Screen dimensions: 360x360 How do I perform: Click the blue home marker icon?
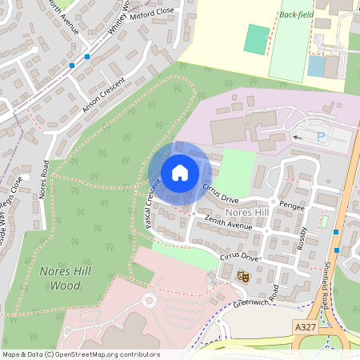(x=180, y=173)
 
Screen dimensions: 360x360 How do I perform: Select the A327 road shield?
(x=305, y=326)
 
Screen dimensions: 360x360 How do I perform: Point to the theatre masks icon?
(x=244, y=276)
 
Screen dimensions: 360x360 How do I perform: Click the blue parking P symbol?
(x=321, y=138)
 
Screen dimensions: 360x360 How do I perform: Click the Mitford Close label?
(x=153, y=14)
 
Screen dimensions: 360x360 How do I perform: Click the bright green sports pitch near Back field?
(x=257, y=39)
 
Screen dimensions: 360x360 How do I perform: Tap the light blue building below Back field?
(x=317, y=66)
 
